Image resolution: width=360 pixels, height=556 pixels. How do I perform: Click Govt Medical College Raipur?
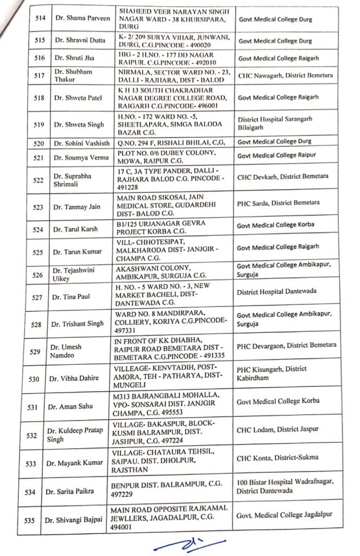[x=277, y=156]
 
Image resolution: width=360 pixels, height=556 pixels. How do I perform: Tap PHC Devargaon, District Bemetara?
[x=287, y=345]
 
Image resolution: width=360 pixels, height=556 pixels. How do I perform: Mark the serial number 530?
[x=35, y=379]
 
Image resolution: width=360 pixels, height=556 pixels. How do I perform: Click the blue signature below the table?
[x=179, y=545]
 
